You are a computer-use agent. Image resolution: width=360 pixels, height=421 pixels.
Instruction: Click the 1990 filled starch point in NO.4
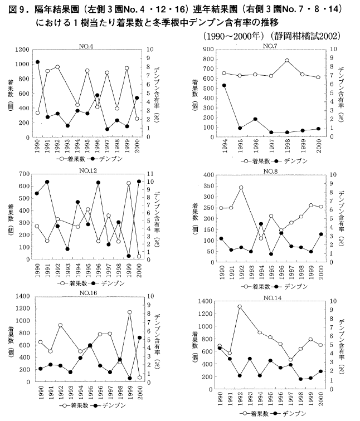coord(37,62)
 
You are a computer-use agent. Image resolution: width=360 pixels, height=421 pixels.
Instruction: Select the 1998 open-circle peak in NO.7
coord(287,60)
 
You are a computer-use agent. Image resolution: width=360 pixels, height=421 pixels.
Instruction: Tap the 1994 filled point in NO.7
coord(224,85)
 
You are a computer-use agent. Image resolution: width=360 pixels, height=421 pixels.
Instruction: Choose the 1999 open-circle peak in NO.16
coord(129,312)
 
